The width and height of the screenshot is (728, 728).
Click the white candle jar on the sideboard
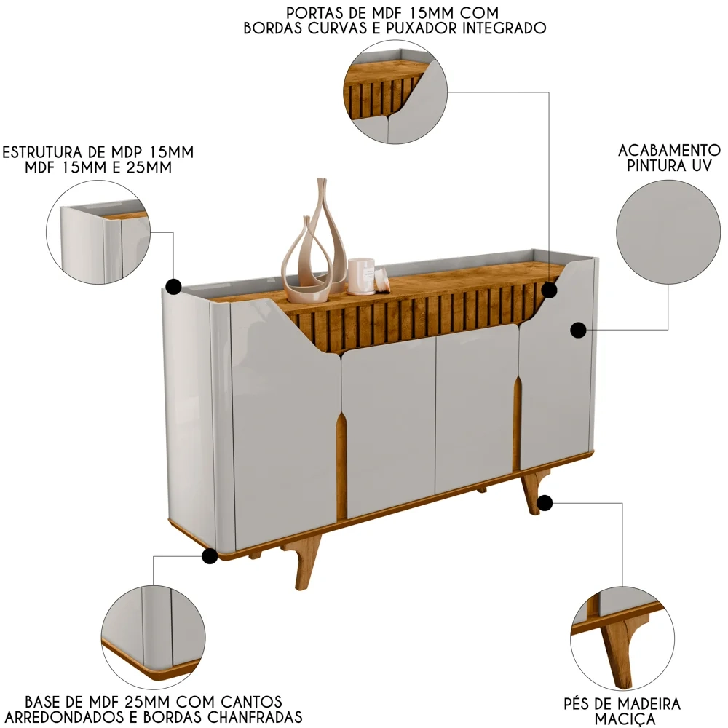(360, 276)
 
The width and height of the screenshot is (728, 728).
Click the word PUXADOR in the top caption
(408, 29)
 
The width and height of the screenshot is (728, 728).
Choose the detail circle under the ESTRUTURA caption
(98, 232)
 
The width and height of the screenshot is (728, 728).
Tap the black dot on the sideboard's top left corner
(173, 285)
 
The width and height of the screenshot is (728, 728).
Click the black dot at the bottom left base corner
(210, 557)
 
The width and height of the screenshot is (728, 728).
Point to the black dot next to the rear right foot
(545, 502)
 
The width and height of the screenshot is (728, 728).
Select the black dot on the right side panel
(578, 331)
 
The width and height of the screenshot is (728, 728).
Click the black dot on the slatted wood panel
(550, 290)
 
